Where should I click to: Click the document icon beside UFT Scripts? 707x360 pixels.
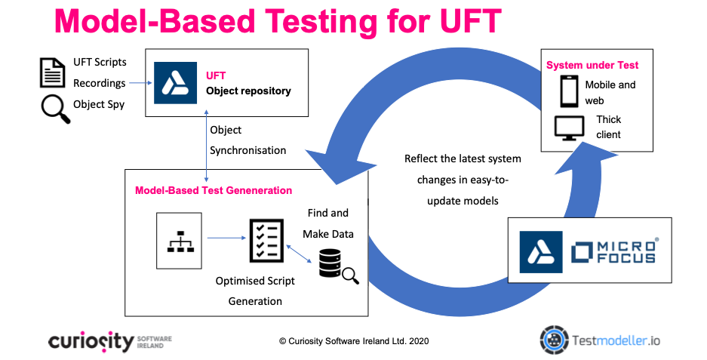pos(52,73)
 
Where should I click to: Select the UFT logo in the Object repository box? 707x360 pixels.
pos(175,83)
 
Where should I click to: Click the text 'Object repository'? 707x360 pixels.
pos(248,91)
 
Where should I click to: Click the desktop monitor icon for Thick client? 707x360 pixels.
pos(570,128)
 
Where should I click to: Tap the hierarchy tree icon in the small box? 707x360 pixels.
pos(180,241)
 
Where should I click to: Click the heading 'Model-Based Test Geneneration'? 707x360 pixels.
pos(214,190)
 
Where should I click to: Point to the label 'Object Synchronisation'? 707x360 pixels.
pos(247,140)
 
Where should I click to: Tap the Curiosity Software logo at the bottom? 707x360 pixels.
pos(109,341)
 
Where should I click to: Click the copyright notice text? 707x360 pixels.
pos(353,341)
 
